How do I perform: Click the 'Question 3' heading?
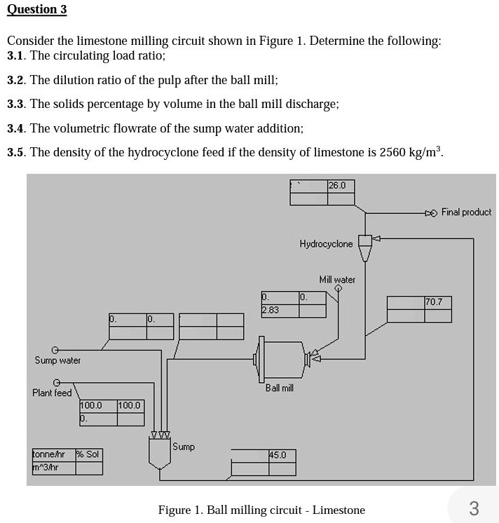coord(36,10)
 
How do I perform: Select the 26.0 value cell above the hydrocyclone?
coord(341,186)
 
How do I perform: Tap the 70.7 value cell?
coord(438,302)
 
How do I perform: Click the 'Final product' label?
coord(466,212)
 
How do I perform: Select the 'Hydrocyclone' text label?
coord(326,244)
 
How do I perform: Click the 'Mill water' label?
coord(337,279)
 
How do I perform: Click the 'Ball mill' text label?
coord(279,388)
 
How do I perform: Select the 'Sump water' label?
coord(57,360)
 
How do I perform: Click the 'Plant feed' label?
coord(52,393)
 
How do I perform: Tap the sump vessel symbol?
coord(160,451)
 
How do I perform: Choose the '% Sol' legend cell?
coord(88,454)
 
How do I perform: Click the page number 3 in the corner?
coord(474,508)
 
